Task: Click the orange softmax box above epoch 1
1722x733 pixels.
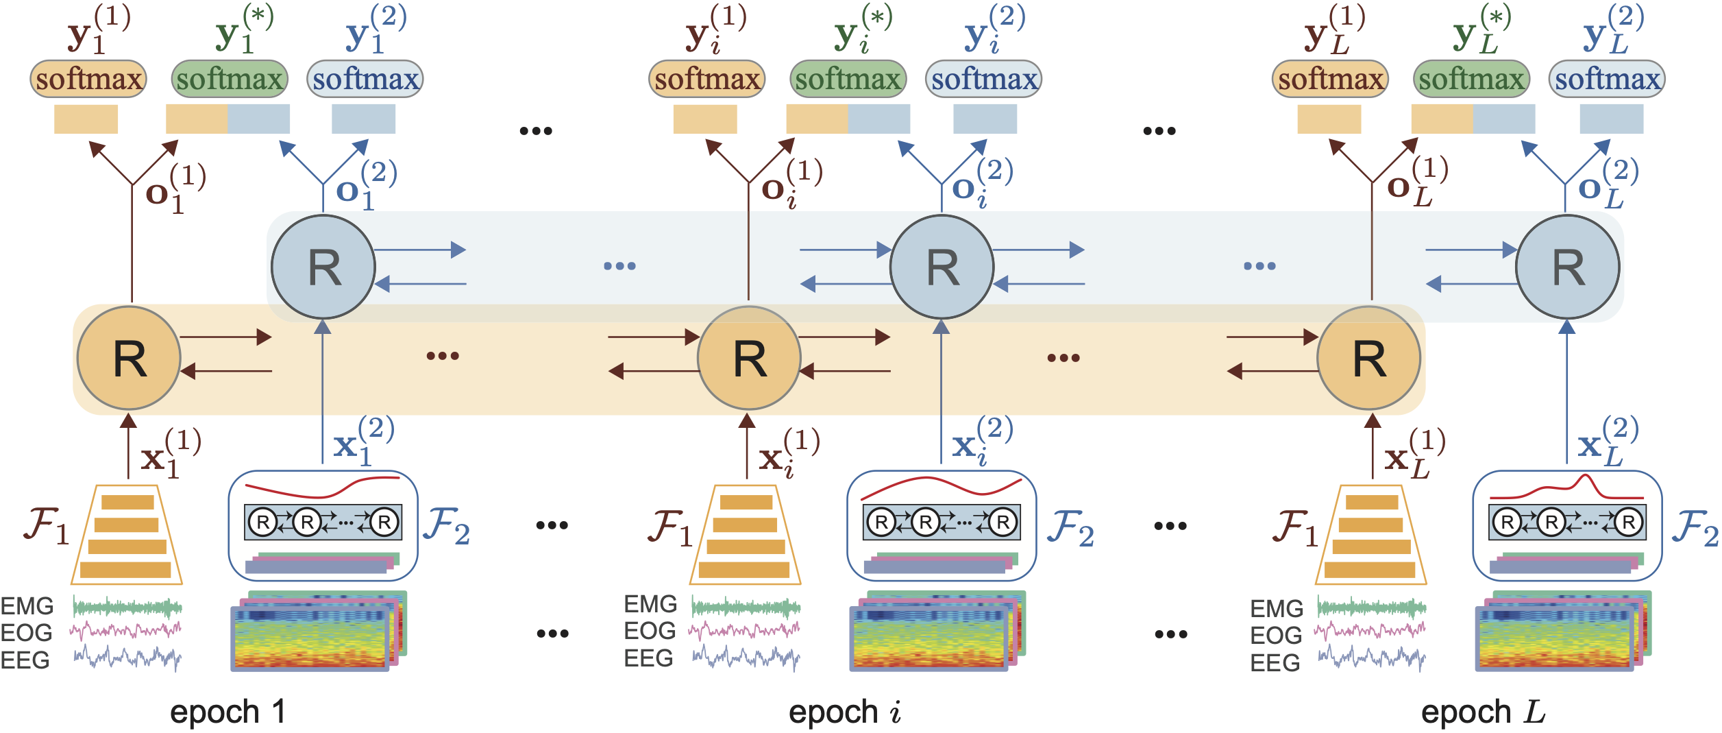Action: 88,79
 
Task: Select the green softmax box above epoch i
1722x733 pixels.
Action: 848,79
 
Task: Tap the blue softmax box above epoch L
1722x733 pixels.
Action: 1607,79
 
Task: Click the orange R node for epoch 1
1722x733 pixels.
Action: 129,358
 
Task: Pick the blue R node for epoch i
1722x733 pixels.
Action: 942,267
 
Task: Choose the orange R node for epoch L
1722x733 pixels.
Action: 1369,358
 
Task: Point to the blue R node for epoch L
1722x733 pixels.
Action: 1568,267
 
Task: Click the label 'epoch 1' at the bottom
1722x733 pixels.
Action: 227,712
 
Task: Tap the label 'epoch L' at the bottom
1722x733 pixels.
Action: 1483,712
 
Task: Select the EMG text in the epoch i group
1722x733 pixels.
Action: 650,604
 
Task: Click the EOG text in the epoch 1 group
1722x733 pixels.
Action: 26,632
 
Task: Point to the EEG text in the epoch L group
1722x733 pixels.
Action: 1275,662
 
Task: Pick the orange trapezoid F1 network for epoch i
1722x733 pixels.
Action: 746,535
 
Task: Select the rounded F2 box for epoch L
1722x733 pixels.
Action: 1567,525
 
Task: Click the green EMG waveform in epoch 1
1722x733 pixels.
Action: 127,607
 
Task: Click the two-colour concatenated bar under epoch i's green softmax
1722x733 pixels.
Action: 848,119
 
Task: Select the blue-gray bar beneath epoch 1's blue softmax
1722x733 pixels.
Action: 363,119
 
